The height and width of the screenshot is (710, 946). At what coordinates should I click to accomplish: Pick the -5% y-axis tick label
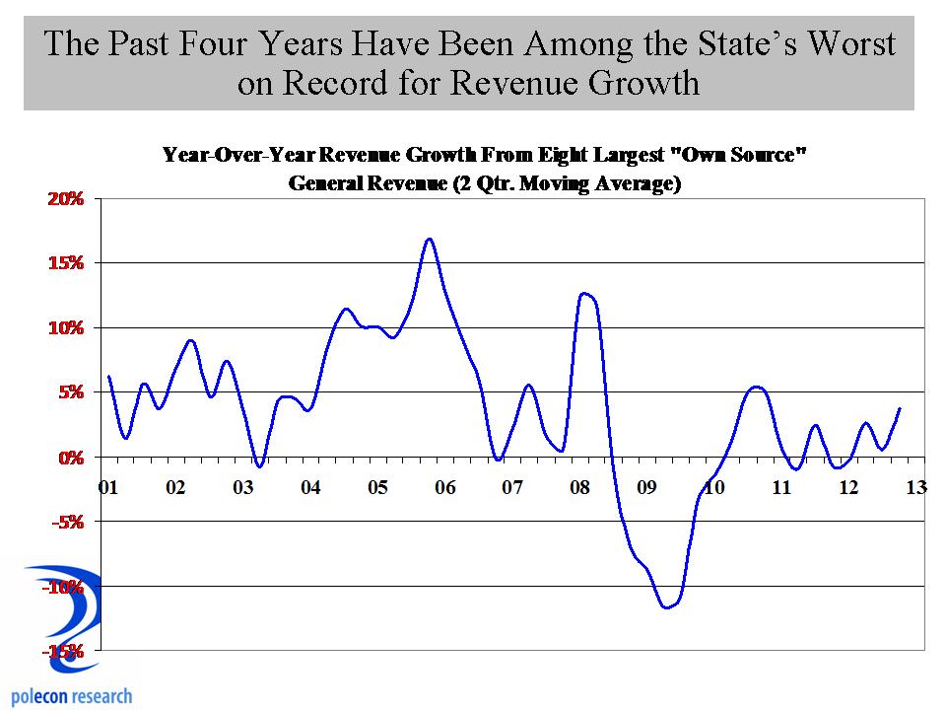pyautogui.click(x=69, y=522)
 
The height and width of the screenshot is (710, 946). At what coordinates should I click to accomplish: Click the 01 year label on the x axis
pyautogui.click(x=108, y=487)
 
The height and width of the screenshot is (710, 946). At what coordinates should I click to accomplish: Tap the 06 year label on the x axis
pyautogui.click(x=444, y=487)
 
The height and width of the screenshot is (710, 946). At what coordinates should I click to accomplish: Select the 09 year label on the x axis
pyautogui.click(x=646, y=487)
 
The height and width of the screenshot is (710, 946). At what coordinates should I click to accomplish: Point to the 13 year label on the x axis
pyautogui.click(x=916, y=487)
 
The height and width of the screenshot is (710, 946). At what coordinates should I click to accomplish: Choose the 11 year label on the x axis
pyautogui.click(x=781, y=487)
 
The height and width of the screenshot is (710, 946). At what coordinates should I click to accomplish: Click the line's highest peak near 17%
pyautogui.click(x=429, y=239)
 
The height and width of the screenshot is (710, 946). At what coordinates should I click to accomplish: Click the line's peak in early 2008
pyautogui.click(x=583, y=293)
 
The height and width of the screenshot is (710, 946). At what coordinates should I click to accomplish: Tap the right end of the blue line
pyautogui.click(x=900, y=408)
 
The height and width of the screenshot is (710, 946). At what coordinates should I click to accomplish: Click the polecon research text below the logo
pyautogui.click(x=71, y=696)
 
